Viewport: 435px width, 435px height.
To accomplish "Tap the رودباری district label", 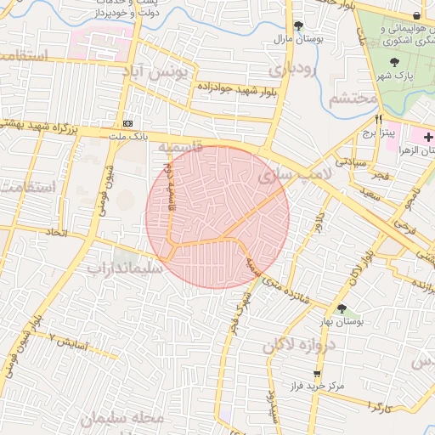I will pyautogui.click(x=294, y=69).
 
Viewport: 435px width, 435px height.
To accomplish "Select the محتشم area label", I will pyautogui.click(x=352, y=99).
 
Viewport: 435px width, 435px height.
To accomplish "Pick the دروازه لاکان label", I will pyautogui.click(x=300, y=345).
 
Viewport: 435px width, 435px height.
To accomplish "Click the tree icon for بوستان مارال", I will pyautogui.click(x=298, y=25).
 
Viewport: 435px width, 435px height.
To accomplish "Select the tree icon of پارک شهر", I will pyautogui.click(x=395, y=62).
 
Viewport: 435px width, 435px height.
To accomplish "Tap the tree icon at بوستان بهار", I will pyautogui.click(x=342, y=309).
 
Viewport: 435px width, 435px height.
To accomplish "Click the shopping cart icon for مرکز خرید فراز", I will pyautogui.click(x=318, y=373).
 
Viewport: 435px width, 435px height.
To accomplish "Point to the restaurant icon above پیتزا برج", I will pyautogui.click(x=378, y=119).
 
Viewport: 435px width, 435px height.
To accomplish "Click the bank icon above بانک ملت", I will pyautogui.click(x=128, y=122).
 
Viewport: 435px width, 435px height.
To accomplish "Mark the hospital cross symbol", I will pyautogui.click(x=428, y=136).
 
